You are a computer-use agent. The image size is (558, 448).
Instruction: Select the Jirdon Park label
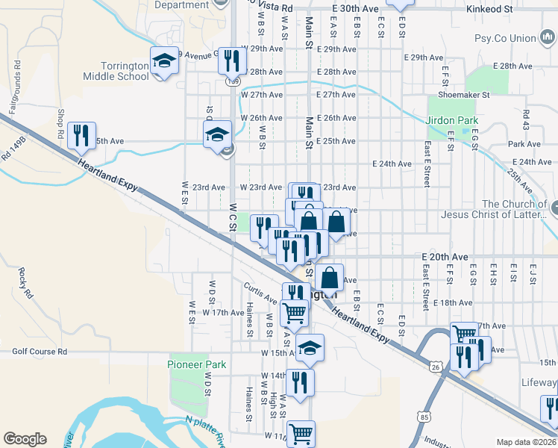(x=451, y=120)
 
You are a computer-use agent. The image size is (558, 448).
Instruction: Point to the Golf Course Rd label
(x=40, y=351)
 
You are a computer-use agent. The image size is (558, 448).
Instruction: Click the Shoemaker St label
(x=463, y=95)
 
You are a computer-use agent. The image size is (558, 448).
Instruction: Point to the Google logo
(x=25, y=439)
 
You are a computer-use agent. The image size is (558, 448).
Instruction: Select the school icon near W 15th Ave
(x=310, y=348)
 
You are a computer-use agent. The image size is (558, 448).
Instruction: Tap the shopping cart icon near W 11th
(x=301, y=434)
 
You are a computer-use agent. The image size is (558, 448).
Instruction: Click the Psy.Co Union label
(x=505, y=38)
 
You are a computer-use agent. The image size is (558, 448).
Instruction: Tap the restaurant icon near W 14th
(x=300, y=382)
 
